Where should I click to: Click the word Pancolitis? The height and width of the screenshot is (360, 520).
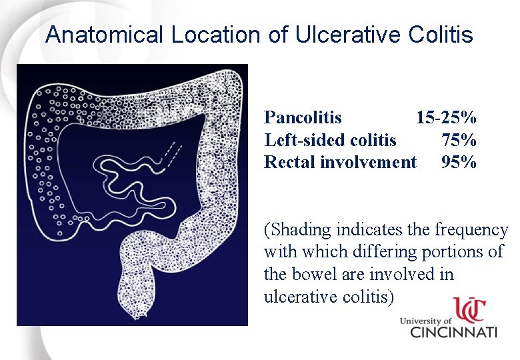303,118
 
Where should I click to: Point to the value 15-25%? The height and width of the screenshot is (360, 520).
446,118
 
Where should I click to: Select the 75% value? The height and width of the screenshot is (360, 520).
459,140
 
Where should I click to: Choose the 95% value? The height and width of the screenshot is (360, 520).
459,162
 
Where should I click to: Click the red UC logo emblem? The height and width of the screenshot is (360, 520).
470,310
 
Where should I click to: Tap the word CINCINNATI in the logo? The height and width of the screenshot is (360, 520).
453,331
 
